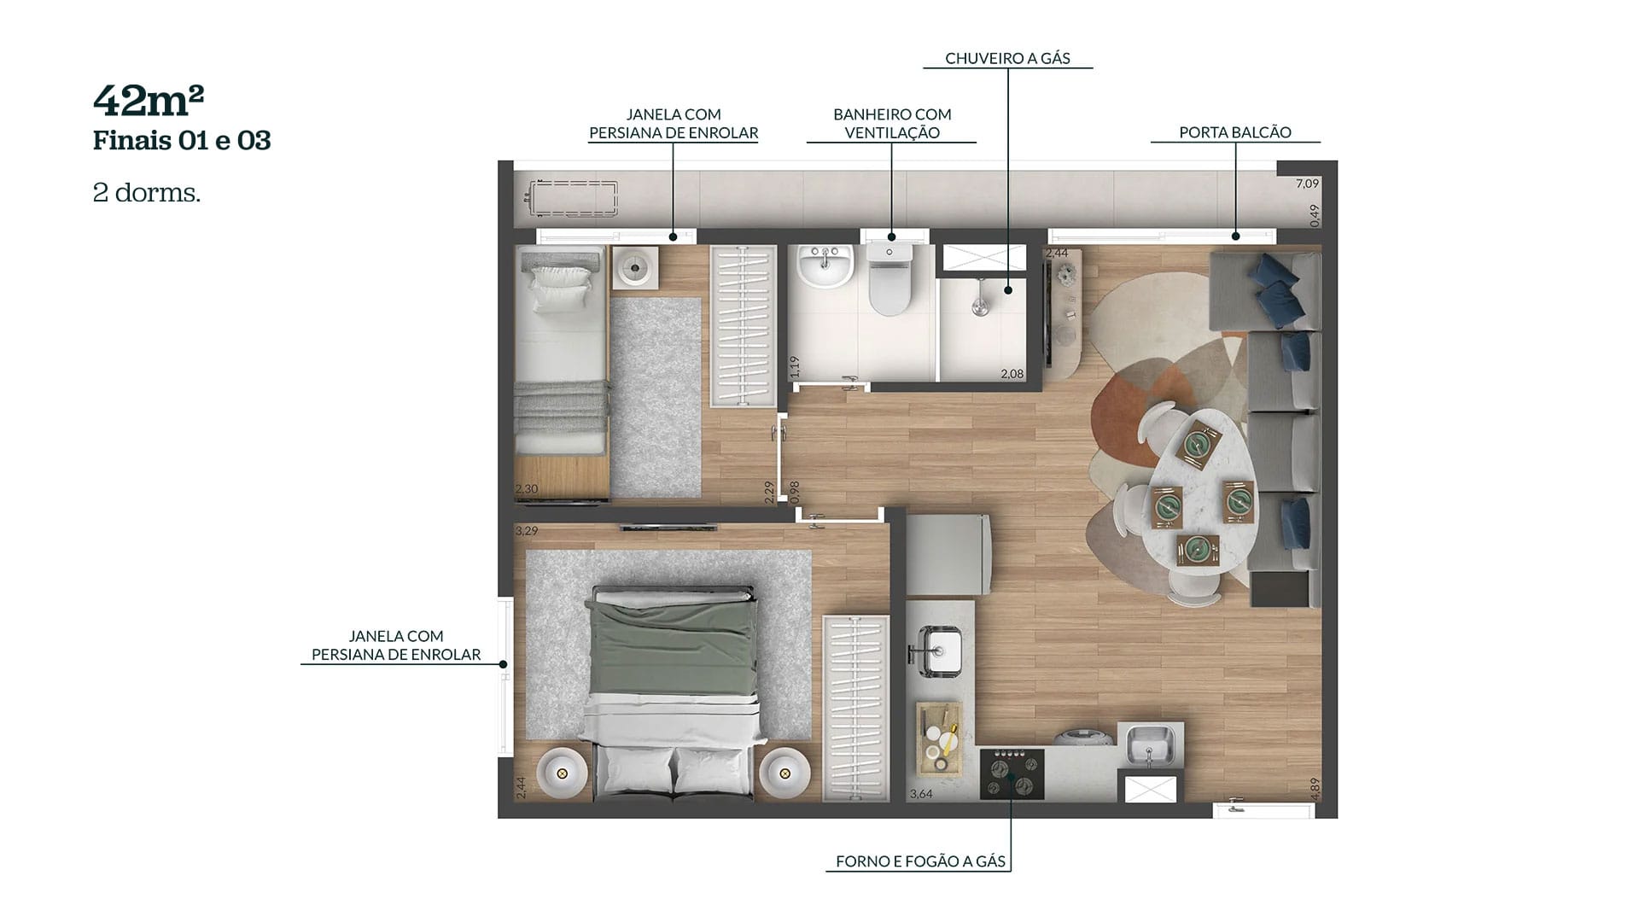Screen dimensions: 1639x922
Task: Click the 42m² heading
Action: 149,101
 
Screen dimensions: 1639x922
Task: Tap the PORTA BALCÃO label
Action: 1234,132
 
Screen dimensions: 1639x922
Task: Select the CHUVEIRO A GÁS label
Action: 1007,58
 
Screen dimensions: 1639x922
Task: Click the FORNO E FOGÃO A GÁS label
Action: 920,861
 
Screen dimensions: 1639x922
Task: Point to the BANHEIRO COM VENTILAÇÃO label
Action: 892,123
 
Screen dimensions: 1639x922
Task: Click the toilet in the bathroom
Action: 889,278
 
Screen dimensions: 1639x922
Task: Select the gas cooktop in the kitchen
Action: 1012,773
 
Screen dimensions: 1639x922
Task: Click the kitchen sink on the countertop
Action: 940,651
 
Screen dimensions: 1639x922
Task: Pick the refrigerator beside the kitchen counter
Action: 948,555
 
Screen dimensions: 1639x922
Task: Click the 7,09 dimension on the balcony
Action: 1307,184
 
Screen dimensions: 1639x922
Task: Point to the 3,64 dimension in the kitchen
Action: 921,794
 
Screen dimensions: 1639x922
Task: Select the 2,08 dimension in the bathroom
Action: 1012,374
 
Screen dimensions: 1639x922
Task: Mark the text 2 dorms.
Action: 146,193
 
